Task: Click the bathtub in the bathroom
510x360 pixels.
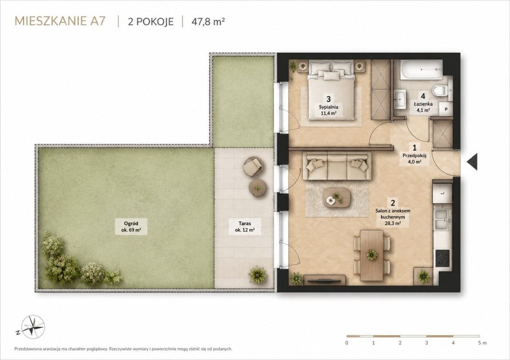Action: (421, 69)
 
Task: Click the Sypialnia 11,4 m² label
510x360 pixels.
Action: (328, 110)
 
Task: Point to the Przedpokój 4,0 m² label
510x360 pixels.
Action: (414, 158)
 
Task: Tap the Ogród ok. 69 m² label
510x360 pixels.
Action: (131, 226)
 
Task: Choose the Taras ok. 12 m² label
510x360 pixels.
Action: (244, 226)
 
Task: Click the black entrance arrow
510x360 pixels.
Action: (472, 161)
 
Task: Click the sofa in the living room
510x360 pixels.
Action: (337, 166)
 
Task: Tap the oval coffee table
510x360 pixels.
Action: (337, 198)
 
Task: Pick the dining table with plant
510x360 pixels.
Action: (372, 255)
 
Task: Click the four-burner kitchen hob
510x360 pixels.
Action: (442, 258)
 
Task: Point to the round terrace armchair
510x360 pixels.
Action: (253, 167)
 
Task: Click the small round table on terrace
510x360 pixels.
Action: (258, 188)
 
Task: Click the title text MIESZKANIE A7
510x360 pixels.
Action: (60, 21)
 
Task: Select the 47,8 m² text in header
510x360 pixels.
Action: (208, 22)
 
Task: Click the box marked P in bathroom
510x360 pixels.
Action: (446, 110)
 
